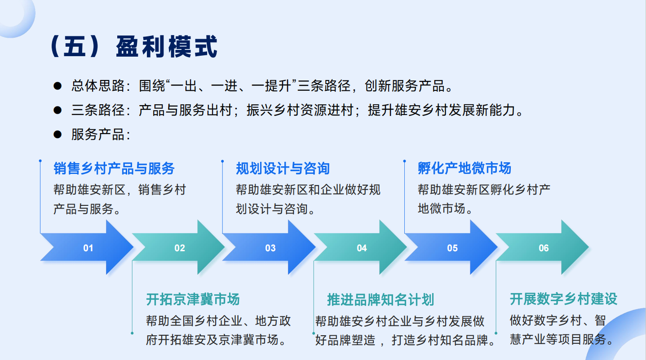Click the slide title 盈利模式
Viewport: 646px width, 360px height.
pyautogui.click(x=167, y=47)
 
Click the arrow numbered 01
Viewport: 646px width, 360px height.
pyautogui.click(x=87, y=248)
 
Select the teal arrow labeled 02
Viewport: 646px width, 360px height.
pyautogui.click(x=178, y=248)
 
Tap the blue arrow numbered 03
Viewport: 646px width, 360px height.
pyautogui.click(x=270, y=248)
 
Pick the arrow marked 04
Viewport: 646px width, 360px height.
pyautogui.click(x=360, y=248)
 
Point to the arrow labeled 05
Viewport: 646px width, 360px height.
pyautogui.click(x=451, y=248)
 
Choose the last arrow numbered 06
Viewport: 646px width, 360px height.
pyautogui.click(x=543, y=248)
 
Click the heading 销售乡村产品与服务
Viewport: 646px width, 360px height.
pyautogui.click(x=114, y=169)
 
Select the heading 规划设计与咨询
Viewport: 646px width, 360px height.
pyautogui.click(x=283, y=169)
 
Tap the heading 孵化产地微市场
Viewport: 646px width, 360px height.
pyautogui.click(x=465, y=168)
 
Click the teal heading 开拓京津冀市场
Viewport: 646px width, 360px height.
pyautogui.click(x=193, y=299)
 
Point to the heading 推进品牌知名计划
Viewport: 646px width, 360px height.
pyautogui.click(x=381, y=299)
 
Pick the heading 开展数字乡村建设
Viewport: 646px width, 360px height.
pyautogui.click(x=563, y=298)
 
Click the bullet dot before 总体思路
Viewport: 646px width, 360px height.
pyautogui.click(x=58, y=86)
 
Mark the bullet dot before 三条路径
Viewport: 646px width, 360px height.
pyautogui.click(x=58, y=110)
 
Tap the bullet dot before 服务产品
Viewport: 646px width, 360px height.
pyautogui.click(x=58, y=134)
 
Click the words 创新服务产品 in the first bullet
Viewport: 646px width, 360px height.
pyautogui.click(x=405, y=86)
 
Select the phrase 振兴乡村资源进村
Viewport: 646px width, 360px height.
pyautogui.click(x=300, y=110)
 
